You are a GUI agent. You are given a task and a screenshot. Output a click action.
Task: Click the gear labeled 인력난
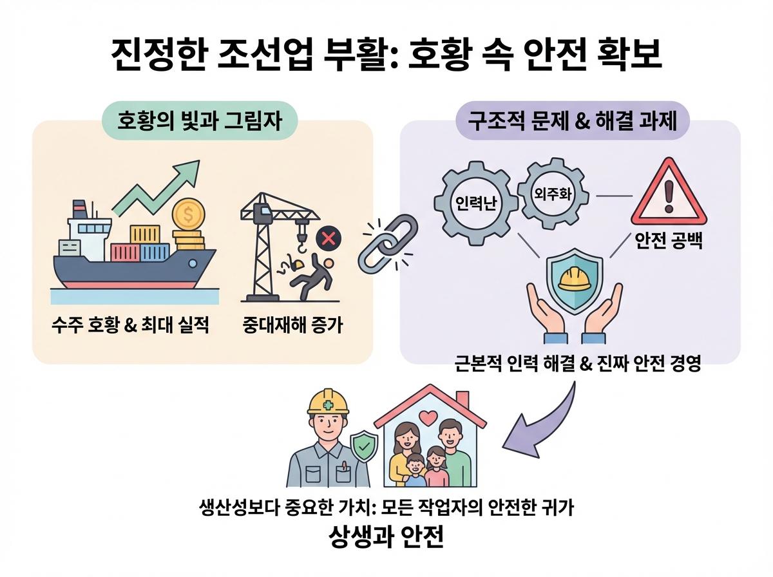click(x=476, y=203)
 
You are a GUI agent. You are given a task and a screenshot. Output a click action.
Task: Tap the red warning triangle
click(x=669, y=193)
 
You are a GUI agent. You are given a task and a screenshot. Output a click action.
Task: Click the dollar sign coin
click(x=188, y=214)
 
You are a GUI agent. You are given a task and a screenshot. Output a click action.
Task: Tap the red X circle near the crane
click(x=329, y=239)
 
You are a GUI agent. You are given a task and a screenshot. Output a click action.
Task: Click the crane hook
click(x=301, y=243)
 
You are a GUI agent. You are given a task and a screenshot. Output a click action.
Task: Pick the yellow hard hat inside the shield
click(x=575, y=279)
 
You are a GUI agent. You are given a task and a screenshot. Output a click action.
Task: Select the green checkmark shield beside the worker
click(x=364, y=447)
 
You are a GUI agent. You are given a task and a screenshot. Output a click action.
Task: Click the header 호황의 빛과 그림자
click(x=200, y=121)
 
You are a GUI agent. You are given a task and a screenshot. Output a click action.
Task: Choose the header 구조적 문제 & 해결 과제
click(x=573, y=120)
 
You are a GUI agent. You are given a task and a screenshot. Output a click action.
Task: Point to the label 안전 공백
click(x=669, y=241)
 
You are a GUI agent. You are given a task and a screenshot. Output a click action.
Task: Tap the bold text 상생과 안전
click(x=386, y=536)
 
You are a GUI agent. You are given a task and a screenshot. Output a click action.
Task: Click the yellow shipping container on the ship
click(x=145, y=235)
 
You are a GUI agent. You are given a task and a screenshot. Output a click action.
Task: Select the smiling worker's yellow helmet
click(x=328, y=402)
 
